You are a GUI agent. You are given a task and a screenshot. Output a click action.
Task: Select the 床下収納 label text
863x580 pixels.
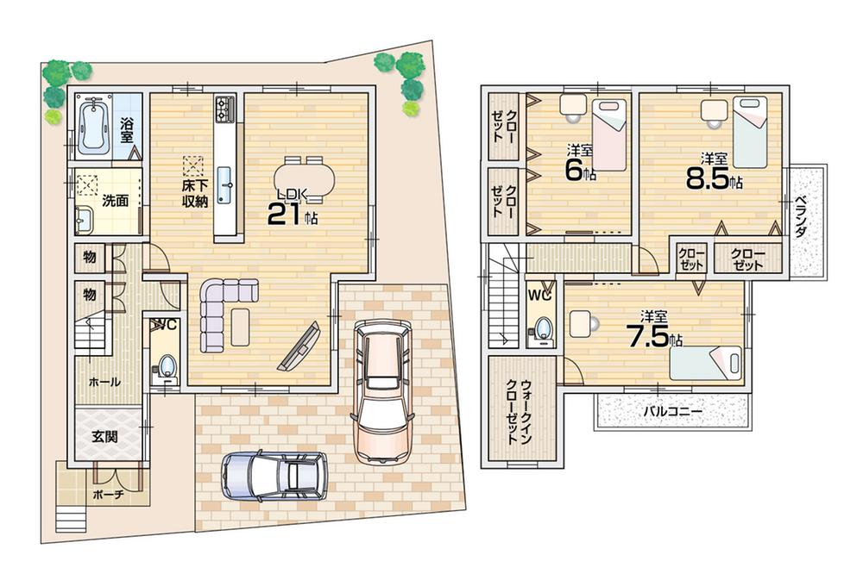click(193, 195)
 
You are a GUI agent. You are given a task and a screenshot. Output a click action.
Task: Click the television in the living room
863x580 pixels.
click(299, 346)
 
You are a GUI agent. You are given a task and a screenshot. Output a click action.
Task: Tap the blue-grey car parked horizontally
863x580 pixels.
click(275, 475)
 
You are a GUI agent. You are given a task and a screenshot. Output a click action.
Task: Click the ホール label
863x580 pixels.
click(104, 381)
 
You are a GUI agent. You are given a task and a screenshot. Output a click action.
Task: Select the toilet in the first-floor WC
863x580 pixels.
click(167, 366)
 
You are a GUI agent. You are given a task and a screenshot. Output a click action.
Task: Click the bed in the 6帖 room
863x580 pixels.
click(608, 134)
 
